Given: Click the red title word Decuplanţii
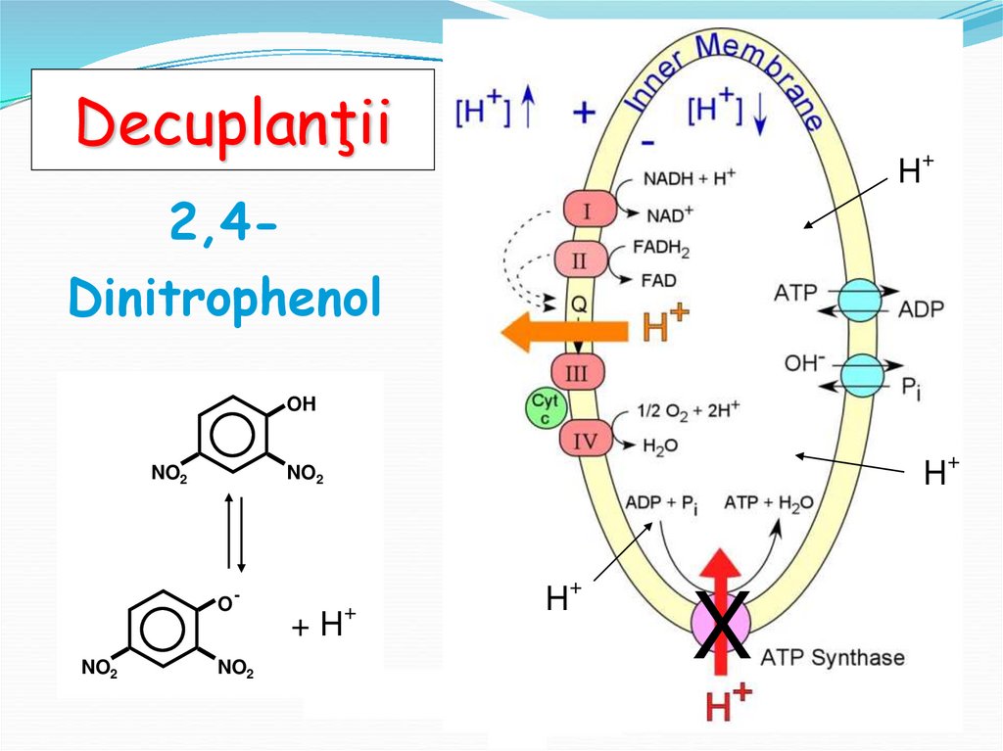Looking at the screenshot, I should (x=233, y=121).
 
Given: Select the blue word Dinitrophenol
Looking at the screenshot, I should (x=224, y=299).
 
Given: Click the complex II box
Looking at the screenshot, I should (x=579, y=260).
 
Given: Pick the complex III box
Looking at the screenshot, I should (x=578, y=373).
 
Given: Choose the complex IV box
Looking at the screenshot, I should (x=585, y=441).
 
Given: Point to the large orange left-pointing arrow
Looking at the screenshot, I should (x=563, y=335).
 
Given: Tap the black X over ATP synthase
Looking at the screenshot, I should (x=722, y=625).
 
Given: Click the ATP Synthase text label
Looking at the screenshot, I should (x=833, y=657).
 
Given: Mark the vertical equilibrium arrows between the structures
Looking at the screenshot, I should (x=234, y=532).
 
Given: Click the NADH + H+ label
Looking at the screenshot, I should (x=689, y=179).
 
